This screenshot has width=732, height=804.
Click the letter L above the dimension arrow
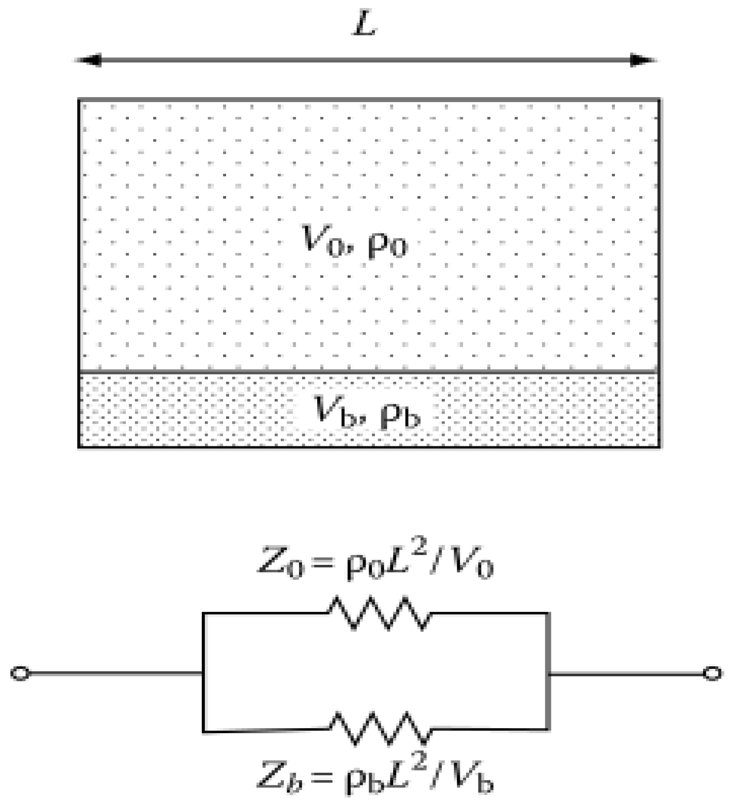tap(365, 25)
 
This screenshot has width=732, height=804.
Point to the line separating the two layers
tap(369, 372)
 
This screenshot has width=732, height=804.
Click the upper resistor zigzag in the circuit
tap(380, 613)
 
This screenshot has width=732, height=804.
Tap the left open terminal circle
tap(20, 673)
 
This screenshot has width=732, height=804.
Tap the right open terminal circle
tap(712, 673)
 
